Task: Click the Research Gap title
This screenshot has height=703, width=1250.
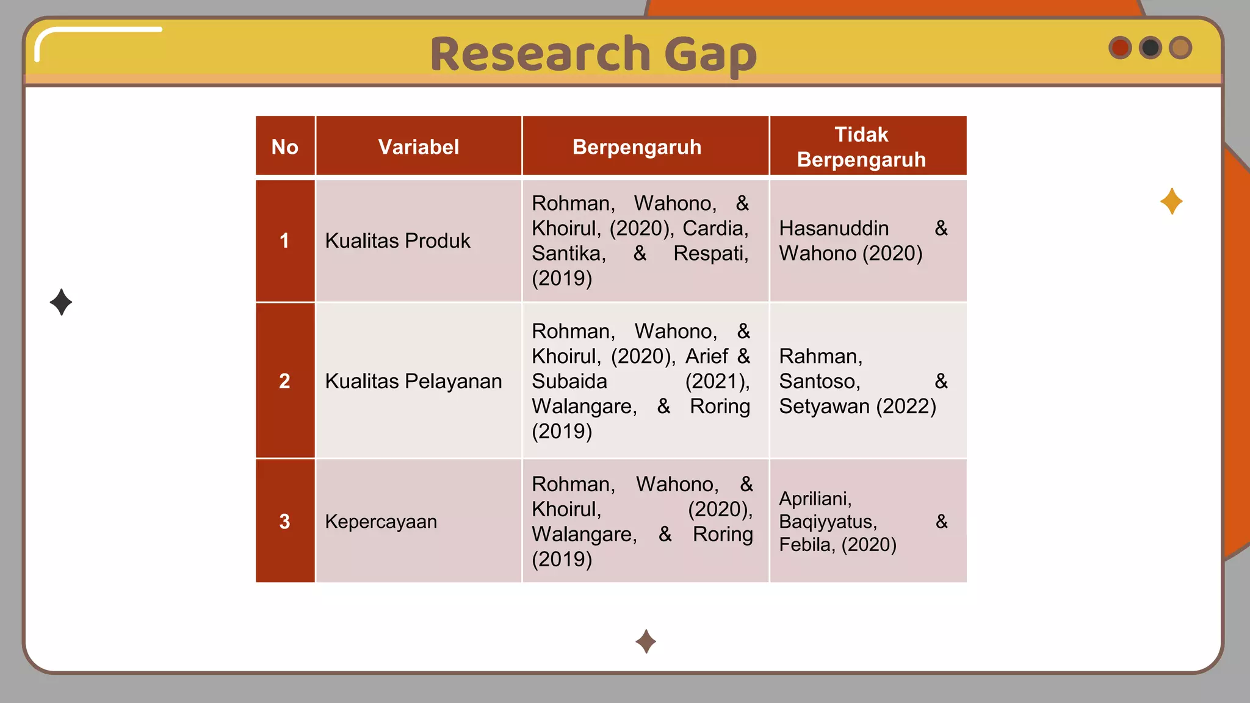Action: tap(593, 54)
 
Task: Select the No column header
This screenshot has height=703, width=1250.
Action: tap(285, 146)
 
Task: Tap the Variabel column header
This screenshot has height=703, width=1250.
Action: tap(419, 146)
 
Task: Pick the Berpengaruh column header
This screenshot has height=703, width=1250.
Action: tap(637, 146)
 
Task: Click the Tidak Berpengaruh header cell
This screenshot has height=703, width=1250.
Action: tap(861, 146)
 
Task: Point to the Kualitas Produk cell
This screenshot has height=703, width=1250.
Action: tap(397, 241)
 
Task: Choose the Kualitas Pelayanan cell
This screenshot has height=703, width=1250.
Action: tap(413, 381)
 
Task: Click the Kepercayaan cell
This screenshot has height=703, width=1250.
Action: tap(381, 522)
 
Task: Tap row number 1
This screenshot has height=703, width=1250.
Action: tap(284, 240)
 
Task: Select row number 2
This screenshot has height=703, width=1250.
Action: tap(284, 381)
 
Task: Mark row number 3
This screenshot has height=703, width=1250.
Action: tap(284, 521)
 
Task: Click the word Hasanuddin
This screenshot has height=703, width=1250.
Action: tap(834, 228)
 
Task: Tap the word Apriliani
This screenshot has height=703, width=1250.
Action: tap(815, 499)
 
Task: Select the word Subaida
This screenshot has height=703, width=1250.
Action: tap(569, 381)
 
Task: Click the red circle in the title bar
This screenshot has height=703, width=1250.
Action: tap(1120, 48)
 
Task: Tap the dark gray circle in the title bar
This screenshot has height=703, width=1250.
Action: tap(1151, 48)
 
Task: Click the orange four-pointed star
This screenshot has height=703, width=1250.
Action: tap(1171, 201)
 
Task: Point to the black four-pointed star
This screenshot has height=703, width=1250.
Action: tap(61, 302)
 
